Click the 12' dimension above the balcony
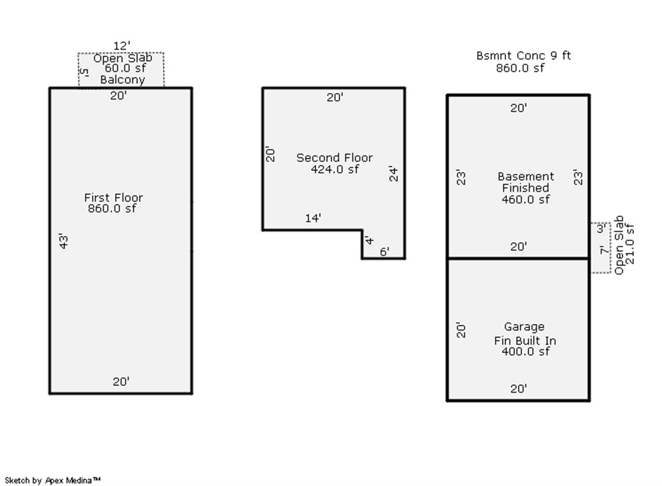coord(122,46)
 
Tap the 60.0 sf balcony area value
coord(125,68)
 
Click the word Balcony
coord(122,80)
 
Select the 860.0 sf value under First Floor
coord(112,209)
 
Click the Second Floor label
coord(334,158)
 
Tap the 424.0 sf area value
coord(335,169)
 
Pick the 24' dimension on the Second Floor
coord(393,173)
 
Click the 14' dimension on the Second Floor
coord(313,218)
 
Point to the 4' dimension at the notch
coord(369,240)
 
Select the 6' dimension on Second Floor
coord(384,252)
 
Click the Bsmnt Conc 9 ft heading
coord(523,56)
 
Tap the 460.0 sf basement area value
coord(525,200)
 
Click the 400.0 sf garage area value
coord(525,351)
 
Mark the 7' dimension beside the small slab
coord(604,250)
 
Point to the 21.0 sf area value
coord(630,244)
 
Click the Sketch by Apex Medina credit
coord(53,480)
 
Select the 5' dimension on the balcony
coord(84,72)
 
